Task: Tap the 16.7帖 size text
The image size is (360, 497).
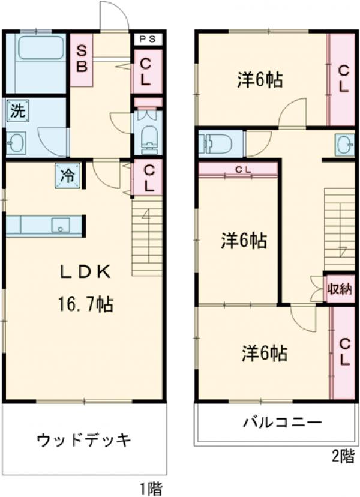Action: tap(84, 305)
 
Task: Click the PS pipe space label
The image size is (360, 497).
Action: tap(147, 40)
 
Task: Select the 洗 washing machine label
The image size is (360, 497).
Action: tap(18, 111)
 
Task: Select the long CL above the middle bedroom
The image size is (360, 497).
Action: tap(238, 169)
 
